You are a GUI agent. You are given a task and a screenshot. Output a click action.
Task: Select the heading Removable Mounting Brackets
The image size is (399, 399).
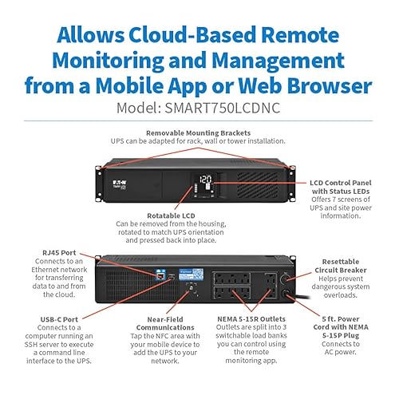199,132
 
